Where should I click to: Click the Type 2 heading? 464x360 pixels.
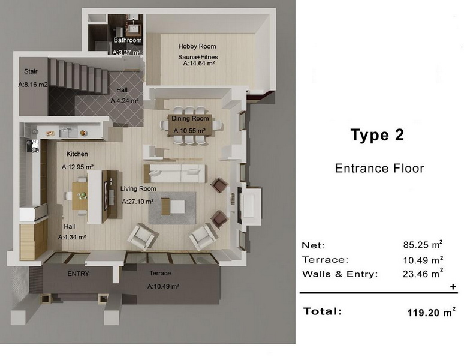click(377, 135)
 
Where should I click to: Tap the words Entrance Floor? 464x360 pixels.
click(379, 169)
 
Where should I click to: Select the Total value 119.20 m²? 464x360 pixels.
click(431, 313)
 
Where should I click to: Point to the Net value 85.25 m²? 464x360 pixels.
click(423, 245)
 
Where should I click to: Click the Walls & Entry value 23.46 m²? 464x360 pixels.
click(423, 274)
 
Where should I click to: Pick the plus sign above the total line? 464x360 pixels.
click(453, 287)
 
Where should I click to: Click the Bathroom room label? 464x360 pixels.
click(128, 40)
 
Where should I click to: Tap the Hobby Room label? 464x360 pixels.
click(197, 46)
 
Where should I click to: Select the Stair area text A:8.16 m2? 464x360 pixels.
click(33, 85)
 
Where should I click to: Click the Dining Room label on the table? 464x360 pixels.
click(190, 118)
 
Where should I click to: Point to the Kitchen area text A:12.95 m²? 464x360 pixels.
click(77, 167)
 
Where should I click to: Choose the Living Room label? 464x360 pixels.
click(138, 188)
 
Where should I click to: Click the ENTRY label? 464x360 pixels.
click(78, 274)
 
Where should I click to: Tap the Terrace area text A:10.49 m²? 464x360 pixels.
click(163, 287)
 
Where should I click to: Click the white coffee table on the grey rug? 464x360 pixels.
click(173, 206)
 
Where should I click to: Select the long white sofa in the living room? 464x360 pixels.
click(174, 173)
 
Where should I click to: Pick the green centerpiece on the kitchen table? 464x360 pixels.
click(82, 195)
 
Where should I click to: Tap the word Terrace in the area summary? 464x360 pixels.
click(325, 260)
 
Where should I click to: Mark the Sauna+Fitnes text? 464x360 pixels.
click(198, 57)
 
